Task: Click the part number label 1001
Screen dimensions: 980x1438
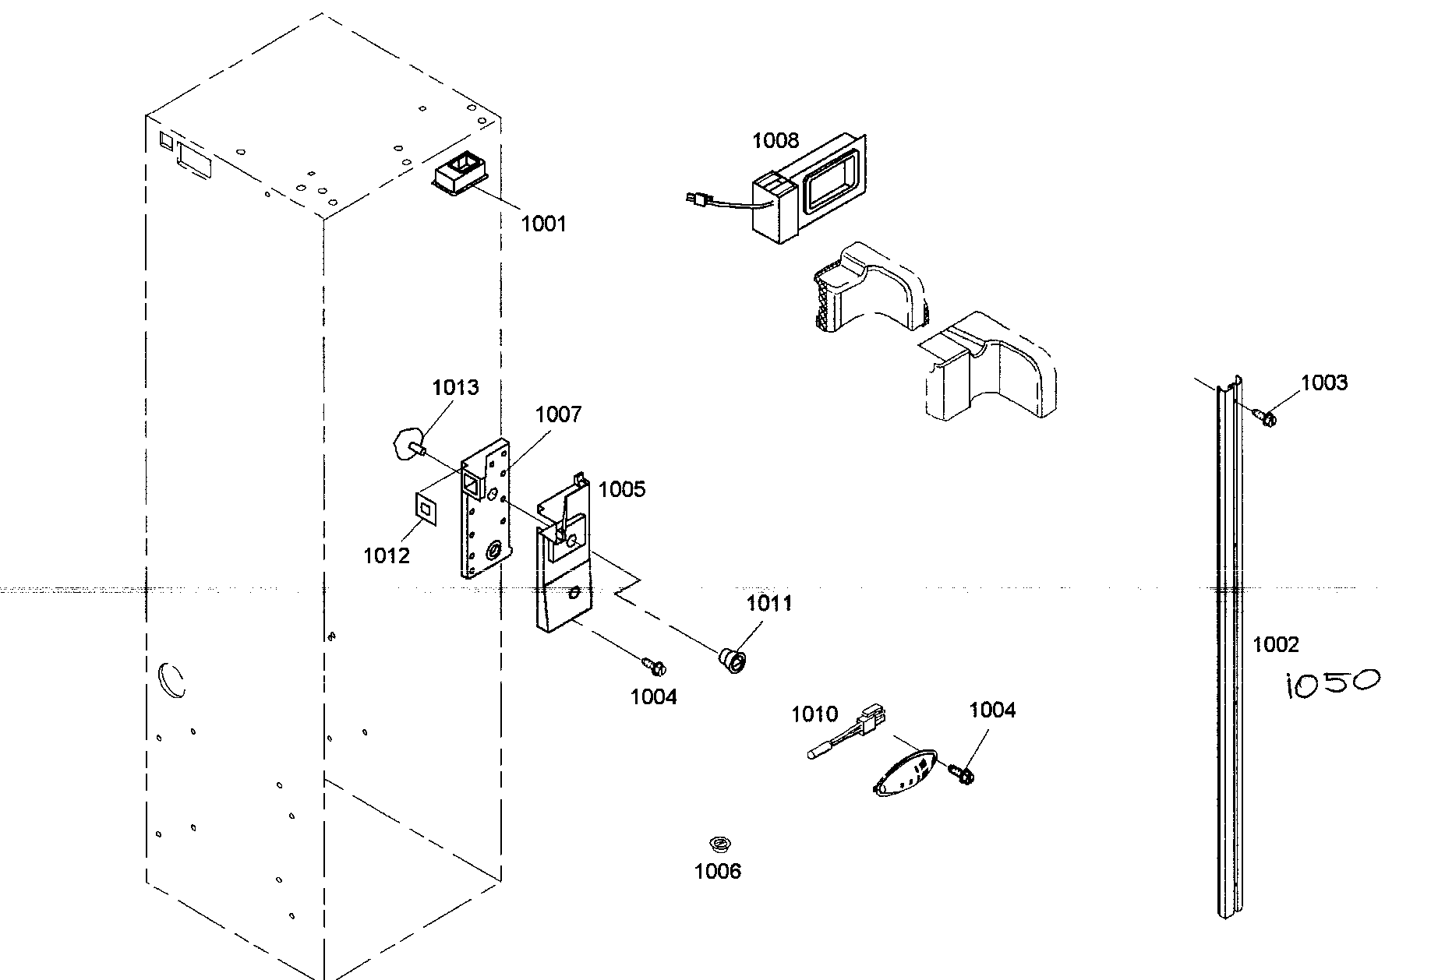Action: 543,224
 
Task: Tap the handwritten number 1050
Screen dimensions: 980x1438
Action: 1331,683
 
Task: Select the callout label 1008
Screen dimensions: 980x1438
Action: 775,141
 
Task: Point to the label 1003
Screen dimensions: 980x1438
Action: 1323,382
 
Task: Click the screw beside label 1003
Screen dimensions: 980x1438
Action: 1266,418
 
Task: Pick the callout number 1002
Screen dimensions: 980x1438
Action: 1276,644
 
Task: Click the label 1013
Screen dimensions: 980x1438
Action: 455,387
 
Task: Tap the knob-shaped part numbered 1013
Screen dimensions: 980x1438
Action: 407,445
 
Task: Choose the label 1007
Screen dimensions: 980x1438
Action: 558,414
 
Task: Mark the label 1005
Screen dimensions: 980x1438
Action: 622,489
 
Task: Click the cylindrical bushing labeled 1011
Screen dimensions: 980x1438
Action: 733,661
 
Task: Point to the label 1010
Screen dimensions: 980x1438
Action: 814,714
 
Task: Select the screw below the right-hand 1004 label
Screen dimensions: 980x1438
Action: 961,773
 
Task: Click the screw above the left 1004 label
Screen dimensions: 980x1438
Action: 653,666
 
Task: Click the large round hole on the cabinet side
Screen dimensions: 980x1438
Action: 172,678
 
